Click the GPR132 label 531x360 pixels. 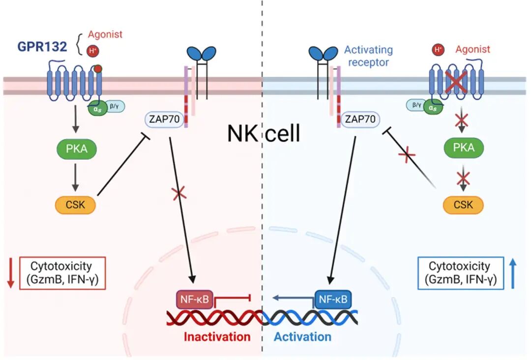42,46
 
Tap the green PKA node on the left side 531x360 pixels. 77,149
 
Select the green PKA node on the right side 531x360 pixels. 464,148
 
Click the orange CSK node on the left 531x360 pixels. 75,205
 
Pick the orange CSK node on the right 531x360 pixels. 463,205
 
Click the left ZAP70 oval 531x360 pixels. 164,119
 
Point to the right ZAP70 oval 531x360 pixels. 360,119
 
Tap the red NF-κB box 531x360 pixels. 194,300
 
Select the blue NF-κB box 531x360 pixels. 333,300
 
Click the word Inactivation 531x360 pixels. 217,337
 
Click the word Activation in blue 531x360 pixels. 302,337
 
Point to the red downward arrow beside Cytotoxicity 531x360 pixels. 10,273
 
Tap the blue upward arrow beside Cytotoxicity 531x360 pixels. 513,273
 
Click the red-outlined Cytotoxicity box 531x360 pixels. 62,273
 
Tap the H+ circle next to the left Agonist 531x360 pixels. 93,51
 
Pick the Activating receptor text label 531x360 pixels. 368,56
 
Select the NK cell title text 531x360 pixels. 264,133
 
